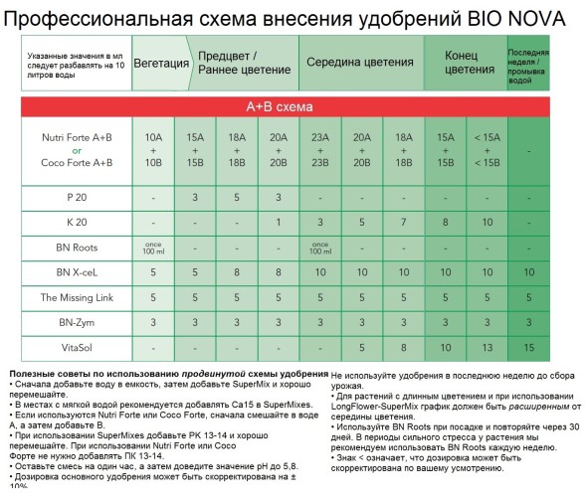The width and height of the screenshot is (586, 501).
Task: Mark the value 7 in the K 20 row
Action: click(x=404, y=221)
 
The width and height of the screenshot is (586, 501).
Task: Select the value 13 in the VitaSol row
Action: click(x=488, y=349)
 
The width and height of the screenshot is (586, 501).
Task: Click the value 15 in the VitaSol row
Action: click(x=528, y=349)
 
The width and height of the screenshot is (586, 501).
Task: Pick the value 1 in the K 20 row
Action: click(x=279, y=221)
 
